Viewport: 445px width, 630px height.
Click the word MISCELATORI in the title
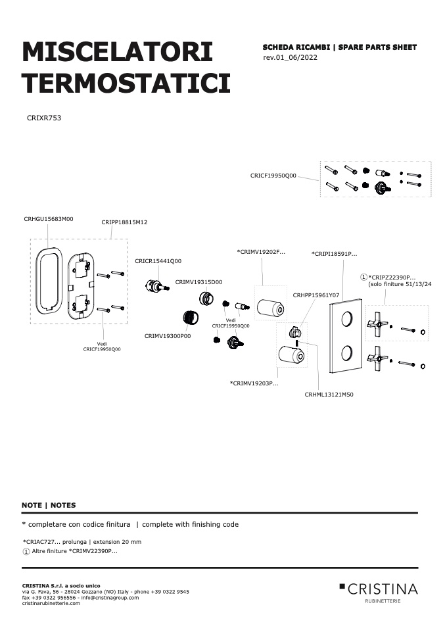point(117,51)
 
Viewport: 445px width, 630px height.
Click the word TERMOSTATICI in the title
point(126,83)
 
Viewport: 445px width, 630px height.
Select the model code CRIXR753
point(44,118)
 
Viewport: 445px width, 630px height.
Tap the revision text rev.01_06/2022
point(290,57)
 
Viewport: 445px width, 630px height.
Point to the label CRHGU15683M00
point(49,219)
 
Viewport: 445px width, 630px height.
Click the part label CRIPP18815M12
point(124,222)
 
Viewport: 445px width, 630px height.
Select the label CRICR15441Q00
point(158,261)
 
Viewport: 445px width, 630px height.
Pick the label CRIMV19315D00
point(199,282)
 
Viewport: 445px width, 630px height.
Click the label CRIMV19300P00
point(168,336)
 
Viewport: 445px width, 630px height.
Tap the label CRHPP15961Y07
point(316,295)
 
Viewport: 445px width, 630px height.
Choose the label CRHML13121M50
point(329,395)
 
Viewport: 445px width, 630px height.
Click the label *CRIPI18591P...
point(334,254)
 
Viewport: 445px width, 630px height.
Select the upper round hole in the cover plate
point(348,319)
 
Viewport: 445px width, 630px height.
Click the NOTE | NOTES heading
point(49,506)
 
